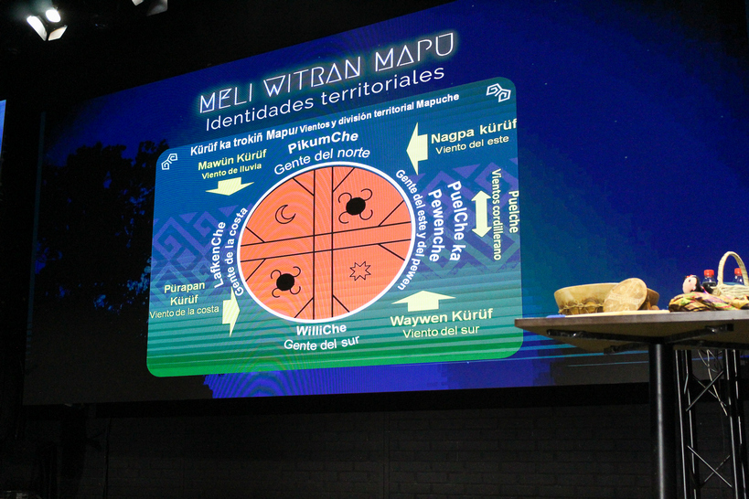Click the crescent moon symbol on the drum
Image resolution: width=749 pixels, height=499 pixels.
(284, 214)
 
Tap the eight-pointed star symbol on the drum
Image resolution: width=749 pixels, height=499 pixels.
(359, 271)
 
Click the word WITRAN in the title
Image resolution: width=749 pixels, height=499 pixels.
(313, 77)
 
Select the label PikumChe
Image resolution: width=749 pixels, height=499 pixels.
(323, 142)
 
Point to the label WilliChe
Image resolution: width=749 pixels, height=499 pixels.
(321, 330)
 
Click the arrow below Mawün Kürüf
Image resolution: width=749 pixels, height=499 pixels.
(230, 186)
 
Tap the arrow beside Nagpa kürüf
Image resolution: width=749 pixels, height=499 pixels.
(416, 148)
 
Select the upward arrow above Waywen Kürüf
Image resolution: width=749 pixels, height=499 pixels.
(423, 301)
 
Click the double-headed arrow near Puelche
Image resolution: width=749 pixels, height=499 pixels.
(481, 214)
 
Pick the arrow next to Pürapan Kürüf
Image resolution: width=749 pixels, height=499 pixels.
(230, 313)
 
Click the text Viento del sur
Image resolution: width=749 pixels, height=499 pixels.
(441, 332)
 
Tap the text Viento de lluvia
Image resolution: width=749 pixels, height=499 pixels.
(231, 171)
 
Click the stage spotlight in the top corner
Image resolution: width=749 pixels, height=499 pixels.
(48, 24)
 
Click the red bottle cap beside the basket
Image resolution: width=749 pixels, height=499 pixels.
(710, 273)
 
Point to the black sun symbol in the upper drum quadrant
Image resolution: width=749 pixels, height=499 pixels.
(356, 206)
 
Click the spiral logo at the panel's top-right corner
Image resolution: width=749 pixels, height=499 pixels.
(498, 92)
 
